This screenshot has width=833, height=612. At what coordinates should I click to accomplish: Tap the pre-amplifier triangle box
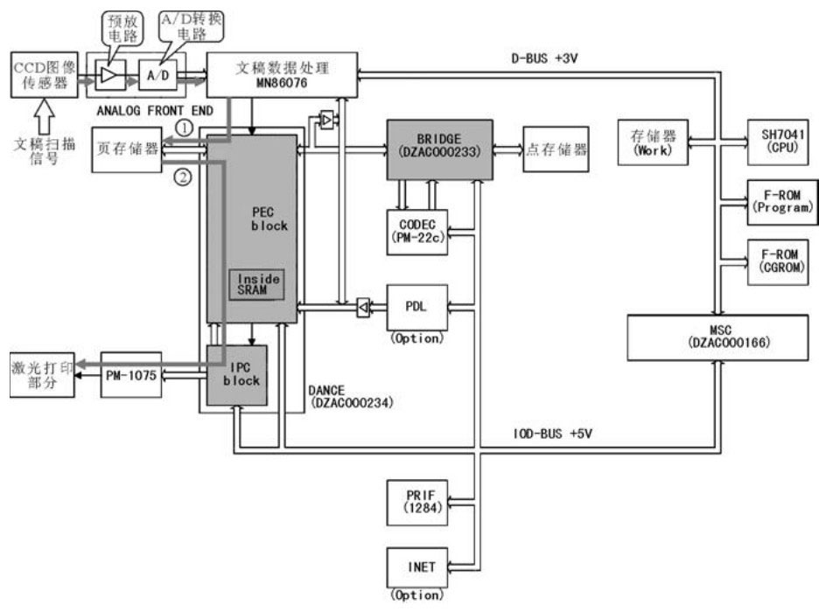108,77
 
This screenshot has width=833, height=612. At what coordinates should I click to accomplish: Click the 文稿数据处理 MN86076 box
283,73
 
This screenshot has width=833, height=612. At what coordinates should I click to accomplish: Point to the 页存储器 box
128,149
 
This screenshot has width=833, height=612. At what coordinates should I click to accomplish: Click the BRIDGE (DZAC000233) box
440,145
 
